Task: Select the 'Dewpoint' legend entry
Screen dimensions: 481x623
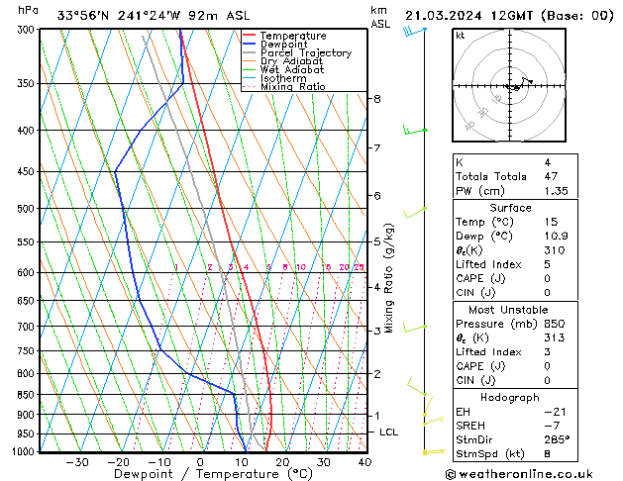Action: (287, 45)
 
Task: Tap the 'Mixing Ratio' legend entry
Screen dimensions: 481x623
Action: (292, 87)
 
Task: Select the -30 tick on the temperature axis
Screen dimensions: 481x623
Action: (76, 462)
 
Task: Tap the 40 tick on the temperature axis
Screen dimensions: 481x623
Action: (364, 462)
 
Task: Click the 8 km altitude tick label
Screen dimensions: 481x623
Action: (376, 99)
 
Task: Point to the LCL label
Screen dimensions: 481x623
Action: (389, 433)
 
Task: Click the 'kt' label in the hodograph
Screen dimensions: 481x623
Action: (460, 35)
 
